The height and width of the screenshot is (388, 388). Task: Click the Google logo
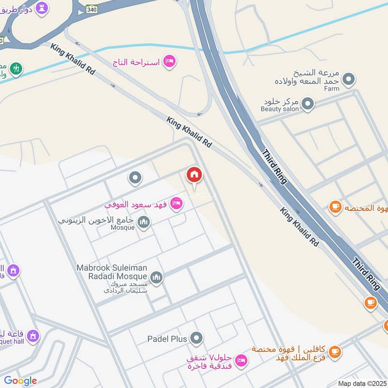point(20,380)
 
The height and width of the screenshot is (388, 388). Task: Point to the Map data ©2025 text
point(362,383)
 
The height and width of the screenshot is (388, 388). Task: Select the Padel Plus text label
point(167,339)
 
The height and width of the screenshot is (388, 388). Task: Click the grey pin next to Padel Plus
point(196,338)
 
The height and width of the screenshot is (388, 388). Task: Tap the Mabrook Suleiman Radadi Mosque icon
point(156,277)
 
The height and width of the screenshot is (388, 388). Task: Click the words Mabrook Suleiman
point(114,267)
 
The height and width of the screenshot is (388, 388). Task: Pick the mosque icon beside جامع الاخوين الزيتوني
point(144,223)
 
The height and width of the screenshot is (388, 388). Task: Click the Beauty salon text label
point(278,109)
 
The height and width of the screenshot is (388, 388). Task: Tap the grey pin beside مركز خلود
point(307,103)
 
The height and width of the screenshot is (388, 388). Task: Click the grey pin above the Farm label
point(349,78)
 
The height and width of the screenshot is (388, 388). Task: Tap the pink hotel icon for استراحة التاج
point(169,62)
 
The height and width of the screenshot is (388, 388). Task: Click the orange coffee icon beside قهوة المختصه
point(335,207)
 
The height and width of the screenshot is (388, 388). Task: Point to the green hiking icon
point(16,69)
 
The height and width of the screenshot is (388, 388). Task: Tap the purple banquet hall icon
point(33,335)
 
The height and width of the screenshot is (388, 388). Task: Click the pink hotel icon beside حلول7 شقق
point(241,360)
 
